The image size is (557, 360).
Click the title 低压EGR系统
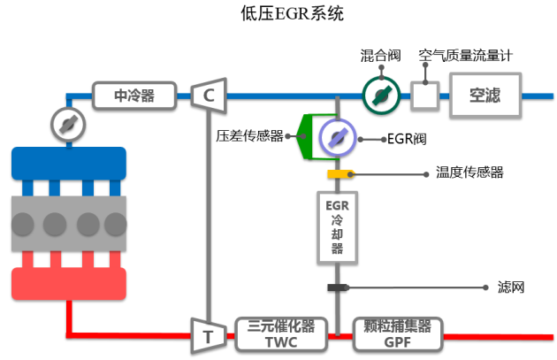pos(279,13)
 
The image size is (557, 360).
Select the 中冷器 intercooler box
pos(134,94)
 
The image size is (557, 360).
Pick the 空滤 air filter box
pos(485,94)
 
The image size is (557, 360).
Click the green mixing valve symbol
pos(380,94)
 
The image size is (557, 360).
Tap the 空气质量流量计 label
pos(466,56)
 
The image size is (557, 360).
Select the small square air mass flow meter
pos(426,95)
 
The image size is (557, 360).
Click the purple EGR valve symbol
pos(337,136)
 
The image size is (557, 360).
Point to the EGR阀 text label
pos(408,139)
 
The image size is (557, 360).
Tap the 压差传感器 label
pos(249,136)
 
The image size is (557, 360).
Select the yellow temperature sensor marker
pos(337,173)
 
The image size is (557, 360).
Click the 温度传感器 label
pos(469,172)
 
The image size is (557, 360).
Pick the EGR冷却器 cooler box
pos(337,226)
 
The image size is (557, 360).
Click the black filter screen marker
pos(337,287)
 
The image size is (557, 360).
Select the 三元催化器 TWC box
pos(282,332)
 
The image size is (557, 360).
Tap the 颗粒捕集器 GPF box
pos(397,332)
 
